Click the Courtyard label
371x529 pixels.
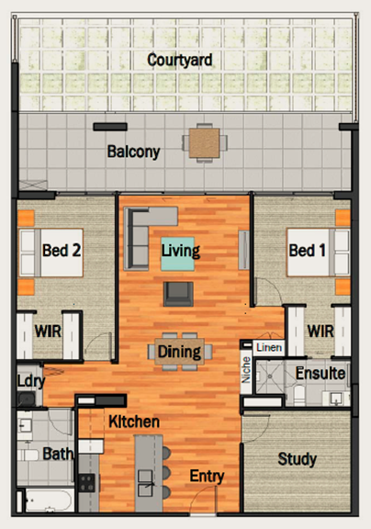point(180,61)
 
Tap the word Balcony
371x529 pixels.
point(133,152)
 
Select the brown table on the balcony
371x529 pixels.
point(205,143)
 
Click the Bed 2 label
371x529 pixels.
point(62,251)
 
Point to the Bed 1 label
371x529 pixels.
point(308,251)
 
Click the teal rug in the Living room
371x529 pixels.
point(178,253)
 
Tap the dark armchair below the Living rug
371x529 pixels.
point(178,294)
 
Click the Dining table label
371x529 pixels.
point(179,352)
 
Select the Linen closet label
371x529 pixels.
point(269,347)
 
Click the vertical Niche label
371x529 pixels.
point(246,370)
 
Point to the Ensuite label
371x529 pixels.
point(320,374)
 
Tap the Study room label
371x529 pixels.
point(298,459)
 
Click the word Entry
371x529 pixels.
point(207,476)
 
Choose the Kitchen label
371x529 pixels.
point(134,422)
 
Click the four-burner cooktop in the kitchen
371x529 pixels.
point(87,483)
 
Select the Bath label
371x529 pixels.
point(58,454)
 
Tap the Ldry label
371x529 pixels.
point(30,381)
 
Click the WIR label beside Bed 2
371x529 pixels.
point(48,332)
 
